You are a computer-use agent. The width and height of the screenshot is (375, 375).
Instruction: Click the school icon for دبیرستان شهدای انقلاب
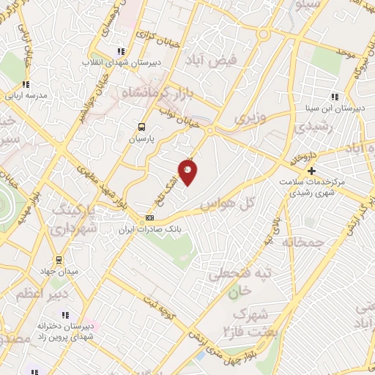point(120,51)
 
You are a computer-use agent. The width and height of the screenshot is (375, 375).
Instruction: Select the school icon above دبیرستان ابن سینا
point(335,97)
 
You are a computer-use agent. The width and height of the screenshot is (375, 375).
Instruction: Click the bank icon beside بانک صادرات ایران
point(150,218)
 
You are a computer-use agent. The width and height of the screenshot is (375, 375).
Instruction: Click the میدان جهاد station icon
point(60,259)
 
